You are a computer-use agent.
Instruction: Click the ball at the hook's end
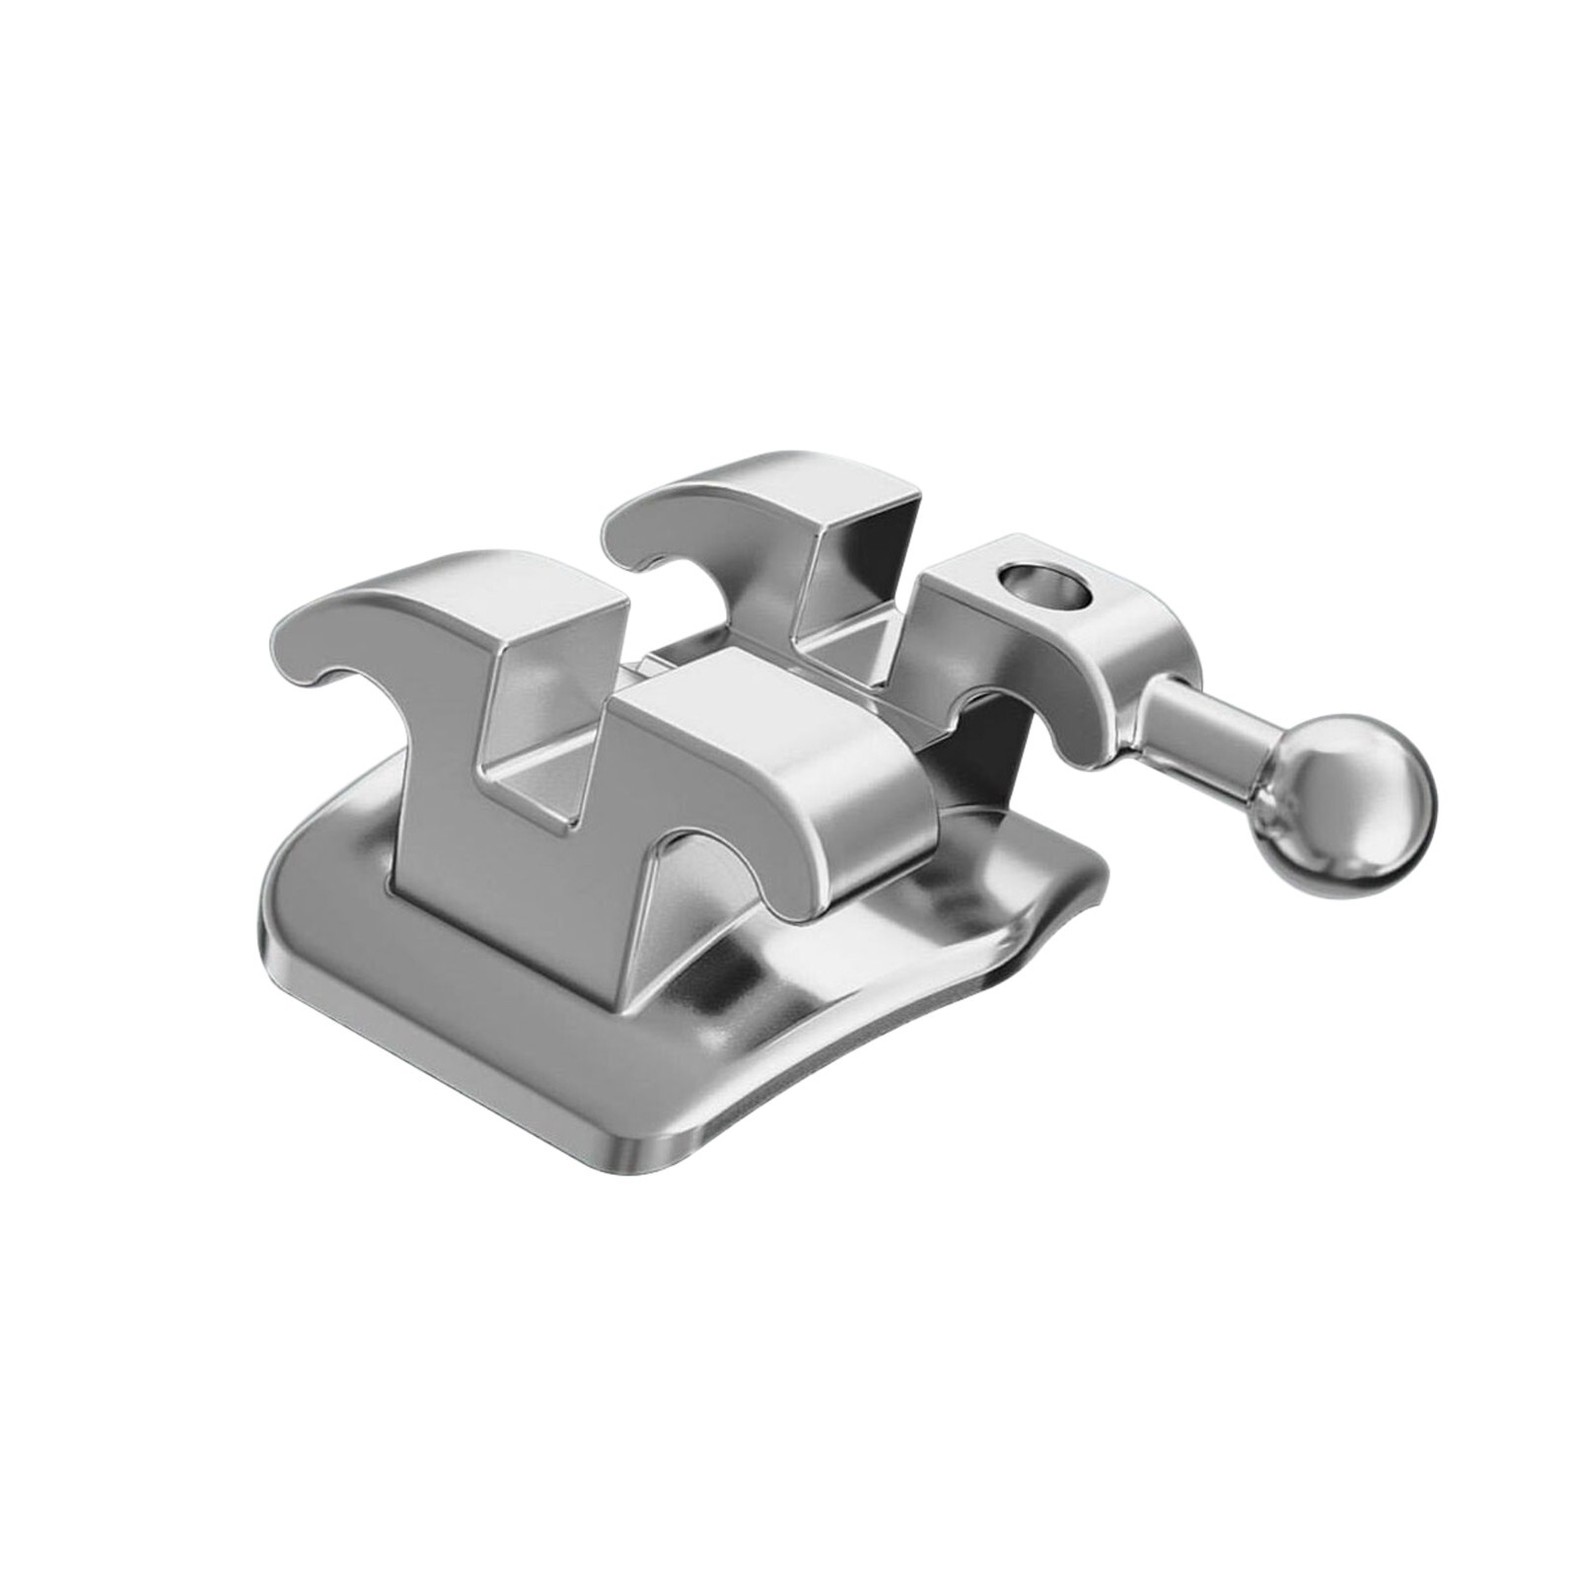click(1346, 806)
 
